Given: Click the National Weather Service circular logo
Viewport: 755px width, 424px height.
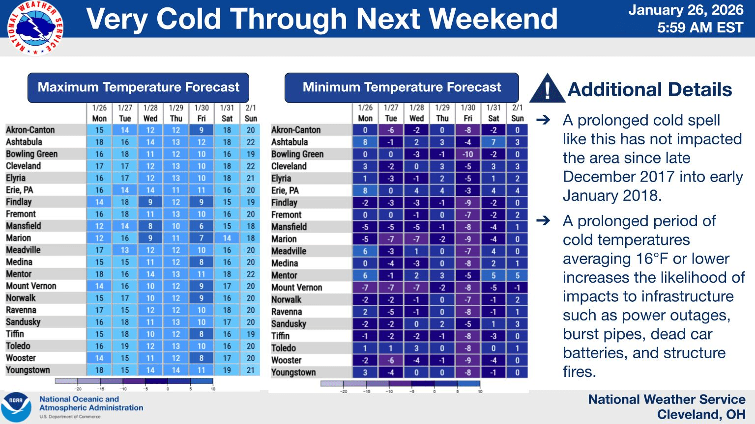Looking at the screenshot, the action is click(x=35, y=28).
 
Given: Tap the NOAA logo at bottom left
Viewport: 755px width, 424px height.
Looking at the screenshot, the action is click(x=16, y=407).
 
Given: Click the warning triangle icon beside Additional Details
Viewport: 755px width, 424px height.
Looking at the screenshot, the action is click(x=547, y=88).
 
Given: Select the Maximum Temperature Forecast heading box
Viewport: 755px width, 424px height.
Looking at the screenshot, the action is click(x=138, y=87).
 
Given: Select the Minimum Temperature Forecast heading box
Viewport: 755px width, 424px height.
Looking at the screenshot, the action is click(x=402, y=87).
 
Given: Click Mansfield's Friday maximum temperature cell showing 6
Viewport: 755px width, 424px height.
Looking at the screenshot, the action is click(x=201, y=226).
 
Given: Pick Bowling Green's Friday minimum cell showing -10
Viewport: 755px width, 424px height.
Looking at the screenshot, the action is click(x=468, y=155).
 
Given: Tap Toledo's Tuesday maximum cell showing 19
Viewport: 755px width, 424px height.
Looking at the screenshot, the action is click(x=125, y=346).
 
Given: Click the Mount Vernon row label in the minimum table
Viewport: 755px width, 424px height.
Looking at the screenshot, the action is click(x=296, y=288).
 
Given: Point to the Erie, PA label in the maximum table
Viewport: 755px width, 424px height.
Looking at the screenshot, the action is click(x=20, y=190).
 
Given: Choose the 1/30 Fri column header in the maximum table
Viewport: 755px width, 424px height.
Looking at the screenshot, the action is click(x=201, y=113).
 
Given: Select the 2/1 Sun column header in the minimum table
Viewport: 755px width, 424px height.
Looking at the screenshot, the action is click(x=518, y=113).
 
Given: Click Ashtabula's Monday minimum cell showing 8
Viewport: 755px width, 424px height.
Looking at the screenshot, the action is click(x=365, y=142).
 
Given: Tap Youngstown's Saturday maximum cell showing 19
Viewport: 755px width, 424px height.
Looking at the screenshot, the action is click(x=227, y=370).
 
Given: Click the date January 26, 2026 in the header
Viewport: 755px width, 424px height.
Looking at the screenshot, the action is click(x=686, y=10).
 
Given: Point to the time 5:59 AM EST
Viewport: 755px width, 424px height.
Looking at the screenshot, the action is click(x=700, y=27).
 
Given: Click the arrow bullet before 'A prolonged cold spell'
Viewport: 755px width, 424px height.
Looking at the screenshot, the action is click(x=543, y=120).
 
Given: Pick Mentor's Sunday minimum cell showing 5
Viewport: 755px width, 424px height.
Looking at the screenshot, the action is click(x=518, y=276).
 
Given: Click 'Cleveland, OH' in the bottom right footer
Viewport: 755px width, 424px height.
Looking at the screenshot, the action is click(x=701, y=415).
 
